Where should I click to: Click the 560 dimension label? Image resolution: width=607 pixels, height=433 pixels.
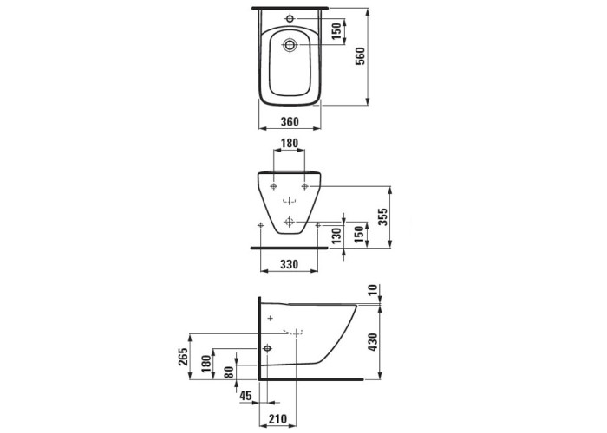pos(360,56)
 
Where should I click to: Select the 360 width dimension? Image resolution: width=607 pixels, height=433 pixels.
pos(290,121)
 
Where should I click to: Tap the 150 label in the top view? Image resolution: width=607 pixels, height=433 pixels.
pos(336,31)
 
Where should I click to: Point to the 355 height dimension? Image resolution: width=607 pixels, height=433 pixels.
pos(382,216)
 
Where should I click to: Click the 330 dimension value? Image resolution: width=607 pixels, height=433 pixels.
pos(289,264)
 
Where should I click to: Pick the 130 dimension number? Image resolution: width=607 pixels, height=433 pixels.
pos(336,236)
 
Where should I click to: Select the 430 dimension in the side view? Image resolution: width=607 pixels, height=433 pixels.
pos(372,342)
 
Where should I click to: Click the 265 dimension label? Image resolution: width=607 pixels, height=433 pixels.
pos(183,357)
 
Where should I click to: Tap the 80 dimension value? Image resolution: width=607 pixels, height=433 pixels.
pos(229,372)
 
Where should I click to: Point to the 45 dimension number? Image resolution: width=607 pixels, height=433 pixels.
pos(245,396)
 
